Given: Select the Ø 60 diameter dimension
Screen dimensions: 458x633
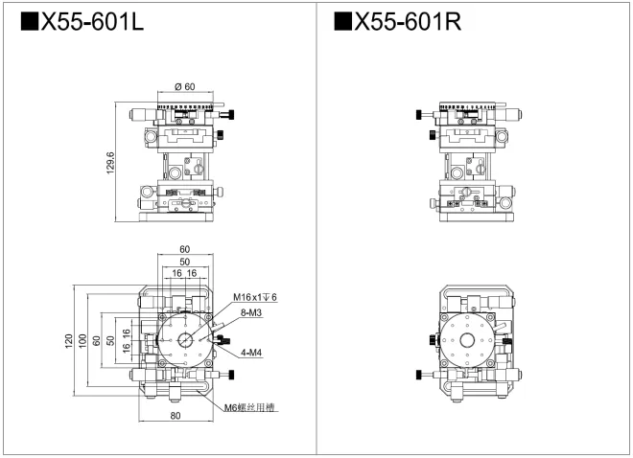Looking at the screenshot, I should [x=185, y=87].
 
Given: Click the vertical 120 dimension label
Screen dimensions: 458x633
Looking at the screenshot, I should [x=69, y=342].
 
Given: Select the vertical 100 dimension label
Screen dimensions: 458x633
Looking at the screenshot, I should [x=83, y=342].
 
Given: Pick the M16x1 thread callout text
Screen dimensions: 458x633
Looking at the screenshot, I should [x=254, y=298].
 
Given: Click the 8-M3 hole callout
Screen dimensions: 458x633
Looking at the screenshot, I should [x=253, y=312].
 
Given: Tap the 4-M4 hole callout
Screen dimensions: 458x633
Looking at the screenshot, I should [x=253, y=353].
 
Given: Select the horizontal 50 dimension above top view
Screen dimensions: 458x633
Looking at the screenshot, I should [x=184, y=262].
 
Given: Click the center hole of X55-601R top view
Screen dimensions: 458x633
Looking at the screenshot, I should [x=467, y=341].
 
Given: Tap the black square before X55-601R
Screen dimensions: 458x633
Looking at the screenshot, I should [x=342, y=22].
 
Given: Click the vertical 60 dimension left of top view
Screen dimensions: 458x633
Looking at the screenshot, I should [x=97, y=342].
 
